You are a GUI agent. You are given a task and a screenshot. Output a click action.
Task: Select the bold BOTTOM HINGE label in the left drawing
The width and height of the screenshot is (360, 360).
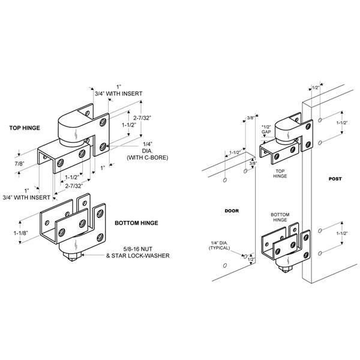(x=136, y=223)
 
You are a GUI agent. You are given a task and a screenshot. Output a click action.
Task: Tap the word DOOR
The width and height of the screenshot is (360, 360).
(x=232, y=211)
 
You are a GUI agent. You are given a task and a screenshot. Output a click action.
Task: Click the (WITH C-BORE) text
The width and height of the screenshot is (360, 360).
(x=147, y=157)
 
